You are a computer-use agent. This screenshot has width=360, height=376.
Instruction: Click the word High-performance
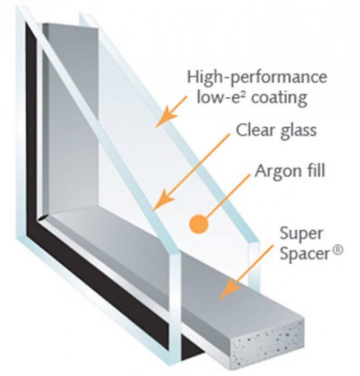257,77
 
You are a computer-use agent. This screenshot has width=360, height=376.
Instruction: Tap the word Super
301,234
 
